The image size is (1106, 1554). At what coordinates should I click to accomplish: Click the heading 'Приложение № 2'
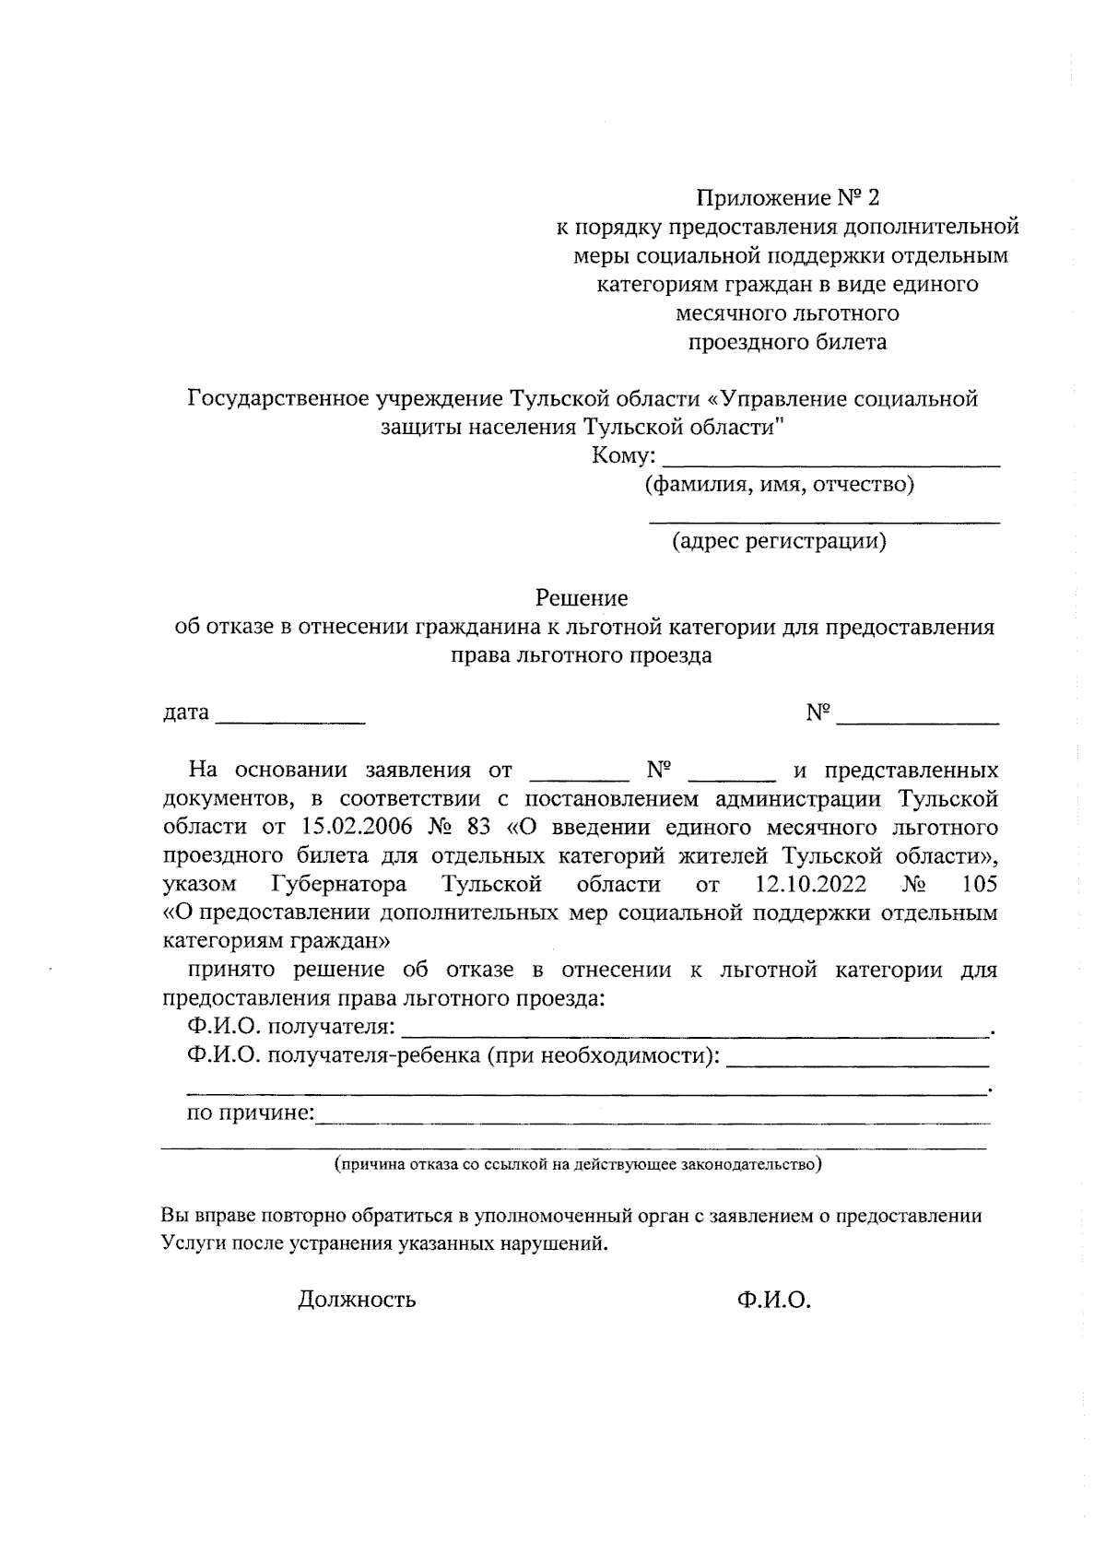pos(788,197)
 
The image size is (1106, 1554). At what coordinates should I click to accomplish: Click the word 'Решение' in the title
pos(582,598)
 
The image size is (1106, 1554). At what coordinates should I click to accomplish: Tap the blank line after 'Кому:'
pos(831,459)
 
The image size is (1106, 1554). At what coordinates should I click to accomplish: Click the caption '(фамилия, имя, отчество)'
pos(779,484)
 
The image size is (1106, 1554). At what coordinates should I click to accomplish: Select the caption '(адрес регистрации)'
pos(779,541)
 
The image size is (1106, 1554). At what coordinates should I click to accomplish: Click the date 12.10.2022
pos(810,885)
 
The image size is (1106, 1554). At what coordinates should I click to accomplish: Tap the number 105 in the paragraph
pos(978,885)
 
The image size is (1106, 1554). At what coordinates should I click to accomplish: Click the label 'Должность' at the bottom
pos(357,1300)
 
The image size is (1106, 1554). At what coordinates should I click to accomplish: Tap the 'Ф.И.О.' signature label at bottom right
pos(773,1300)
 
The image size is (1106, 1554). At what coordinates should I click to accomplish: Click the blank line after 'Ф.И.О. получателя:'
pos(696,1030)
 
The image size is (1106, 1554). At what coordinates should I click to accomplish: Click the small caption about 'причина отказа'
pos(578,1164)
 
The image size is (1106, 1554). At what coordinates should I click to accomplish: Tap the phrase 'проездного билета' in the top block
pos(788,342)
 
